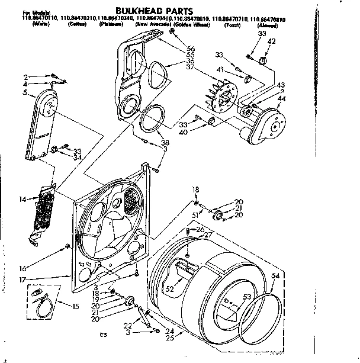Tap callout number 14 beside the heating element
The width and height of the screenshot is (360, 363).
[22, 200]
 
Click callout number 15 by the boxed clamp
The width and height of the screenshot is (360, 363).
[75, 306]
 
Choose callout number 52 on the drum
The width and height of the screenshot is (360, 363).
[170, 289]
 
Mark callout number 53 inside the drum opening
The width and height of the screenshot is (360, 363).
[246, 297]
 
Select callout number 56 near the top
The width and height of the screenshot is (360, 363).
[191, 48]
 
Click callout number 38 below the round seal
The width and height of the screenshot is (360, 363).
[164, 143]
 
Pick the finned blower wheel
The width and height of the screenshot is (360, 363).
[220, 98]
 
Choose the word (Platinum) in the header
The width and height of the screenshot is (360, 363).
[111, 24]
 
